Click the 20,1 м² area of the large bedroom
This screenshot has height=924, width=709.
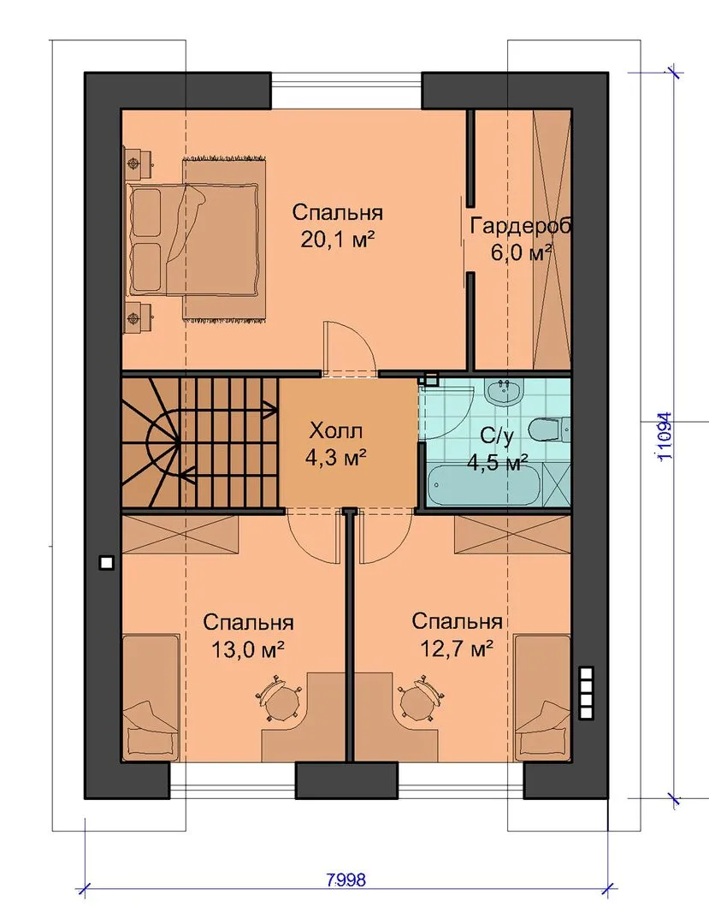pos(338,240)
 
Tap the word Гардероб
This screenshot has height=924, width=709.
pos(521,225)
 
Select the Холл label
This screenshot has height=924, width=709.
pos(336,432)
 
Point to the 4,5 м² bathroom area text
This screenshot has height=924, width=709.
pos(497,463)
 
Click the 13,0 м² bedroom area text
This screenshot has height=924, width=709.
pos(247,649)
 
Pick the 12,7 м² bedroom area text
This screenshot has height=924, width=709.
pos(457,649)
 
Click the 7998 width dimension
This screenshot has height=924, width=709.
pos(345,880)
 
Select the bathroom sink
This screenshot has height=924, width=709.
pos(504,391)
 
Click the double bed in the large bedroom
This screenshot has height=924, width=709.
pos(193,240)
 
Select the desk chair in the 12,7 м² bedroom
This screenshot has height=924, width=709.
pos(421,700)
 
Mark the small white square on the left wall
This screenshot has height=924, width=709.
pos(106,563)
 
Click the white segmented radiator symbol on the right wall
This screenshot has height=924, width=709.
pos(587,693)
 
